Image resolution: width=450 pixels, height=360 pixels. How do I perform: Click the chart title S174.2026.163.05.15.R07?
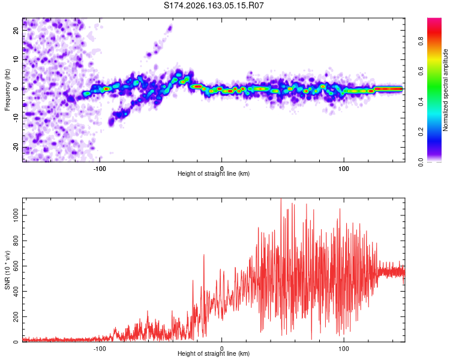tap(214, 5)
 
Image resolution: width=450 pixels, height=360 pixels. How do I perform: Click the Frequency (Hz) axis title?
tap(7, 90)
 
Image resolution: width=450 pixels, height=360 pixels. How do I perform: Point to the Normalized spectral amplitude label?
tap(445, 90)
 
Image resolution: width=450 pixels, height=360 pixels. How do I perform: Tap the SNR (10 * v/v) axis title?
tap(7, 270)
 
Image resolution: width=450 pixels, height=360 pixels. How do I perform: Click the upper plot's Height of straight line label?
tap(214, 173)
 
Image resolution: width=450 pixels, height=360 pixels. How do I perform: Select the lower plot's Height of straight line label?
tap(214, 353)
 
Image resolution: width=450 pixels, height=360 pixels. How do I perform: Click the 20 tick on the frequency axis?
tap(16, 30)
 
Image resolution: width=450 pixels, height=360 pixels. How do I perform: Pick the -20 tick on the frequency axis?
tap(16, 148)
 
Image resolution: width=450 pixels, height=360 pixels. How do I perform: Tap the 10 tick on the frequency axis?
tap(16, 59)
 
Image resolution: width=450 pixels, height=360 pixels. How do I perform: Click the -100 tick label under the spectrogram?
tap(100, 169)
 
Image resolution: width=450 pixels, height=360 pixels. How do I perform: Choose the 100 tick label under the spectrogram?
tap(344, 169)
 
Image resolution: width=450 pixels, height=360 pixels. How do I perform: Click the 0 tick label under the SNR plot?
tap(221, 349)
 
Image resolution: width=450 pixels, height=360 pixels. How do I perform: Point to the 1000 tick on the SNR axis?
tap(16, 215)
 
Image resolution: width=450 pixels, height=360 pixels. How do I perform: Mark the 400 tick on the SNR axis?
tap(16, 291)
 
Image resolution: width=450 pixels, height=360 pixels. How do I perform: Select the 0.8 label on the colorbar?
tap(421, 41)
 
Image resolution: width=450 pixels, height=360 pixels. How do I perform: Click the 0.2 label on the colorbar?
tap(421, 131)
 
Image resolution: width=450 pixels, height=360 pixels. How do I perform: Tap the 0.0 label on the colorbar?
tap(421, 162)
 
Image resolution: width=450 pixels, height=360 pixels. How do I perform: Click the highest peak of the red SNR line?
tap(281, 199)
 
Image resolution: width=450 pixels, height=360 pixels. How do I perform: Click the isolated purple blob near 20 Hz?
tap(170, 28)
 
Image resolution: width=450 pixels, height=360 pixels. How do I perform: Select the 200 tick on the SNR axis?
tap(16, 316)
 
